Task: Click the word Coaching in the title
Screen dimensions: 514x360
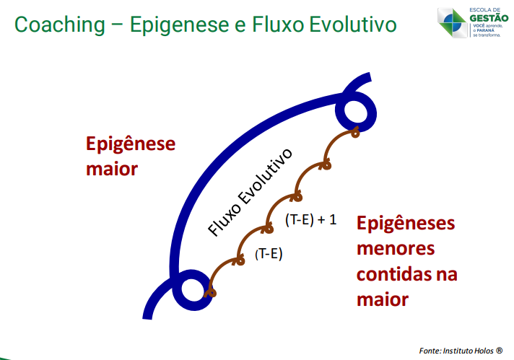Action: point(60,25)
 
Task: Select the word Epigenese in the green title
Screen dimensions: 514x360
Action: point(179,25)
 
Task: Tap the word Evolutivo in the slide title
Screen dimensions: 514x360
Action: point(353,25)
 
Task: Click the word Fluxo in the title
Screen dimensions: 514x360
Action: point(278,25)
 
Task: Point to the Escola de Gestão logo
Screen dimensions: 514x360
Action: point(473,22)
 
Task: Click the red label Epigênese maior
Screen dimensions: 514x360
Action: point(131,156)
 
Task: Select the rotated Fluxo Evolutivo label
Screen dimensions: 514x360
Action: point(250,193)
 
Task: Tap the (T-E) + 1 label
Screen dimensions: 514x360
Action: point(310,219)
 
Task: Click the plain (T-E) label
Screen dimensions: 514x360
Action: point(269,254)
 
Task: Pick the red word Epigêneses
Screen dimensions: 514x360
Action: point(406,224)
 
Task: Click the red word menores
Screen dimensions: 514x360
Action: point(396,249)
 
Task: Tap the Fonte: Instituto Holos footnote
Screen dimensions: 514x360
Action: point(461,351)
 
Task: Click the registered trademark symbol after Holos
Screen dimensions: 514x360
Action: point(500,351)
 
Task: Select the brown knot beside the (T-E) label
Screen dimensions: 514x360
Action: point(240,261)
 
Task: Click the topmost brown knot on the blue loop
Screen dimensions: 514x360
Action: point(355,133)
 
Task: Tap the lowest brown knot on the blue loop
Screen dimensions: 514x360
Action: point(212,292)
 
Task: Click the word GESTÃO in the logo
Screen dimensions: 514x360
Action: point(489,18)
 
